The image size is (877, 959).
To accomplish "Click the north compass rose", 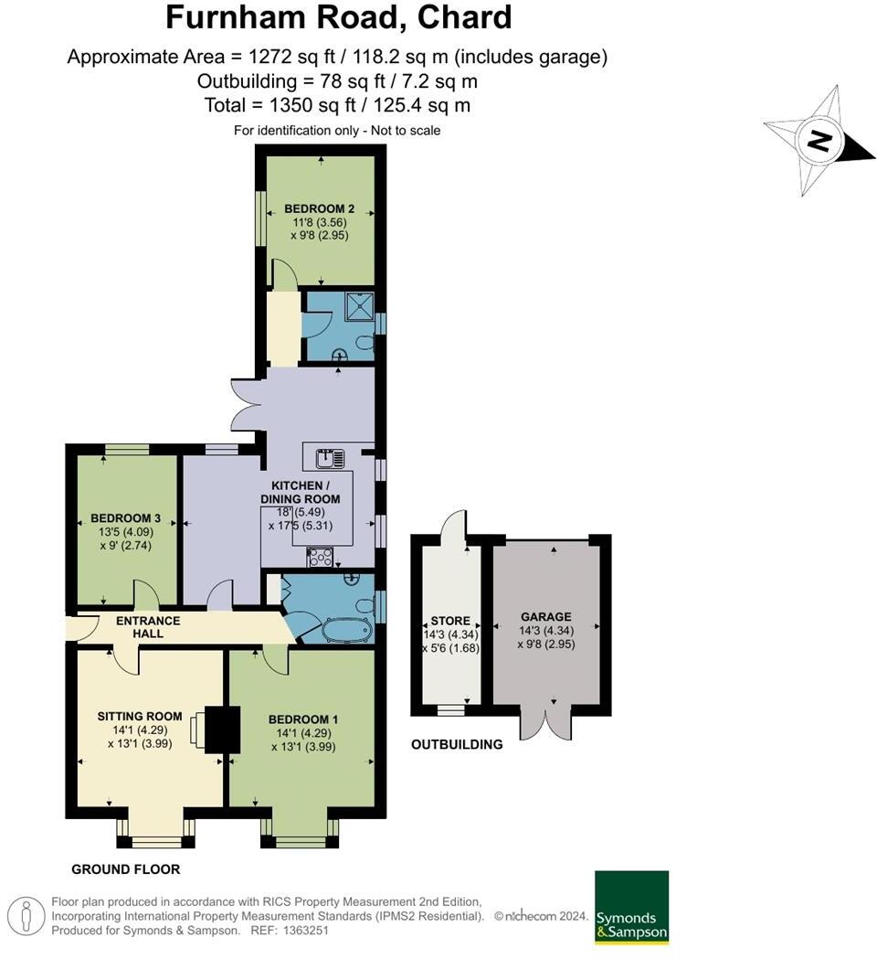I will (x=819, y=142).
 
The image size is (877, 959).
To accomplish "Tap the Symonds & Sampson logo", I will (x=631, y=907).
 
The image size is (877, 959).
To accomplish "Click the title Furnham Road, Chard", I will (x=338, y=18).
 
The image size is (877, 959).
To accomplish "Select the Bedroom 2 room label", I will (x=319, y=208).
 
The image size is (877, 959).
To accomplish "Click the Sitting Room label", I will (x=140, y=716).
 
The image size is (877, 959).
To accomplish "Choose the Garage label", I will (x=545, y=617).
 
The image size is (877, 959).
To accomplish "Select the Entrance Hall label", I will (x=148, y=627).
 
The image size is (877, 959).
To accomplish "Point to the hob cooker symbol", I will (x=321, y=557).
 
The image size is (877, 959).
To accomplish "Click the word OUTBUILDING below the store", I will (x=457, y=744).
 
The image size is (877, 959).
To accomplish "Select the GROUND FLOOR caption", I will (x=125, y=869).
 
